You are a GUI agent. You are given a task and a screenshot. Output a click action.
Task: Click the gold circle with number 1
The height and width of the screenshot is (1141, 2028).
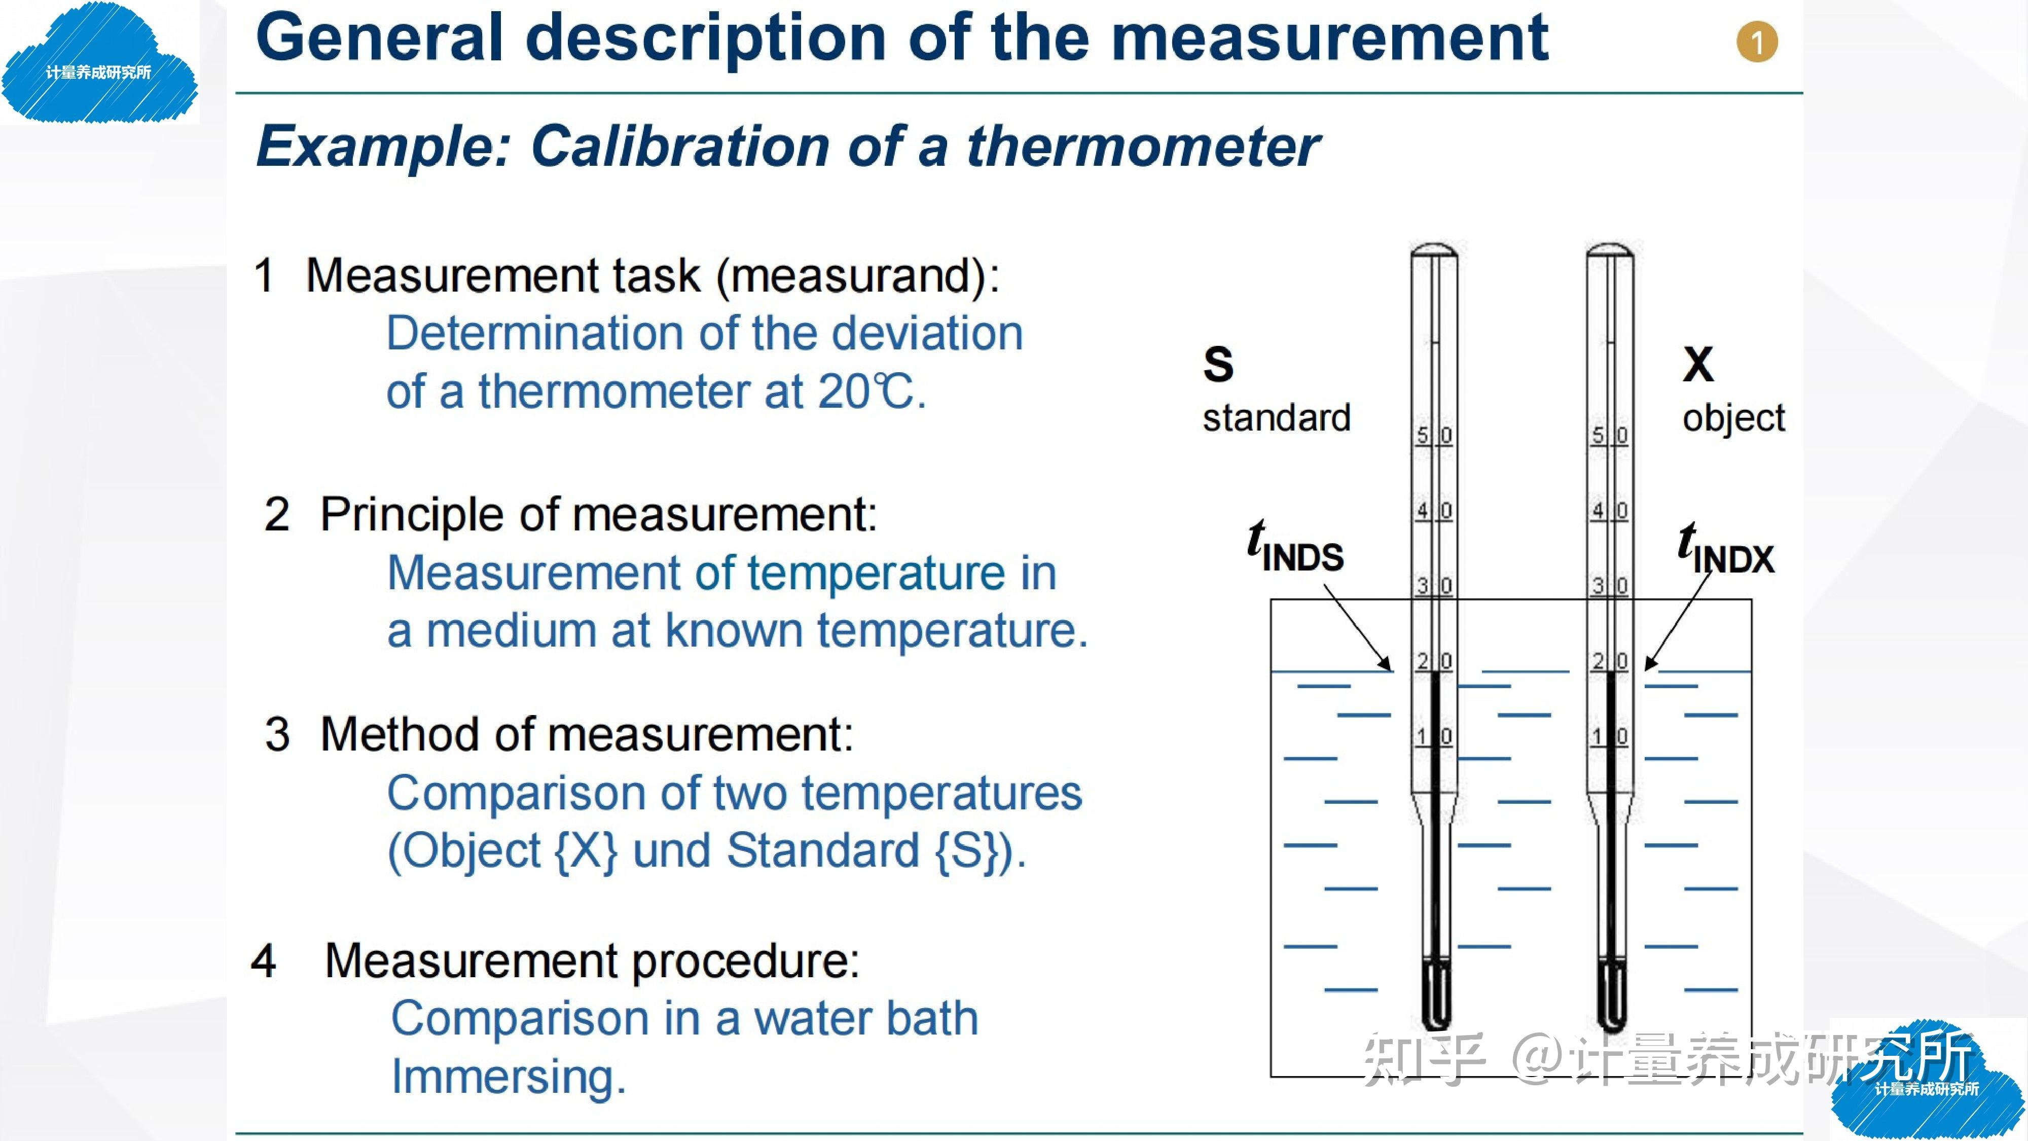pos(1756,43)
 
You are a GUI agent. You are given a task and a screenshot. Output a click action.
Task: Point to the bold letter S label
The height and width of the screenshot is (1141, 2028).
pos(1218,364)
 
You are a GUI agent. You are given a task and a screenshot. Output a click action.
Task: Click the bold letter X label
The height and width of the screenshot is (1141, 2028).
pos(1698,364)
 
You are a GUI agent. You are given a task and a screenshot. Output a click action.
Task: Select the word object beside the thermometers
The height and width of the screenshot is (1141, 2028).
pos(1733,419)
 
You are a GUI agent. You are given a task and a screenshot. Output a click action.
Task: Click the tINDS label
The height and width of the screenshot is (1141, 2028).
pos(1295,548)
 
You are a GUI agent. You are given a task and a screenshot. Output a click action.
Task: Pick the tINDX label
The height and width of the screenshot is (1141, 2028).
pos(1726,551)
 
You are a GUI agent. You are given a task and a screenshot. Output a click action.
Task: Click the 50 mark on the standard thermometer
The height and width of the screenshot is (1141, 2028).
pos(1434,435)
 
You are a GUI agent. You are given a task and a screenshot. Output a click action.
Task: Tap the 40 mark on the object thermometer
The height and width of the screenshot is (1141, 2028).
pos(1609,510)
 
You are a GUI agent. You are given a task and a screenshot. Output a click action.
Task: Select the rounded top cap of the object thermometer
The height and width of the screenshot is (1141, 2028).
pos(1610,251)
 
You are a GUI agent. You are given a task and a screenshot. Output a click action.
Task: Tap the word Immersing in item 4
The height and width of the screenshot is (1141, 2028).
pos(509,1077)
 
